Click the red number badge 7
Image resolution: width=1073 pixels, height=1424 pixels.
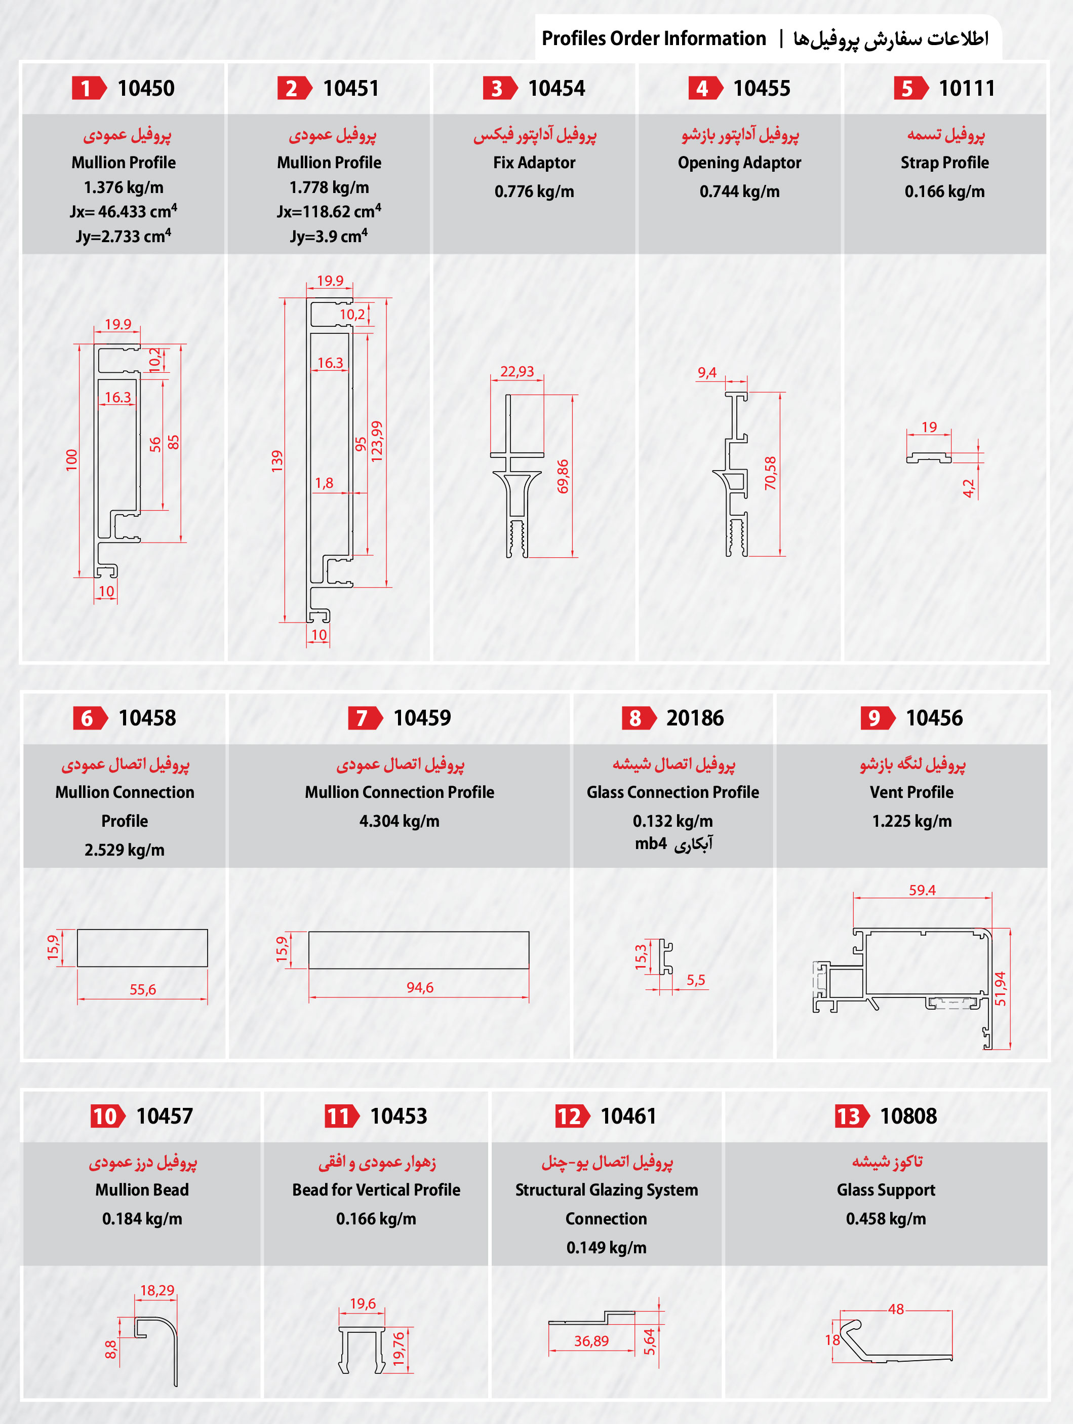point(364,718)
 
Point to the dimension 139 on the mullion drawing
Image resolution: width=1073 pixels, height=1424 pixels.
point(277,461)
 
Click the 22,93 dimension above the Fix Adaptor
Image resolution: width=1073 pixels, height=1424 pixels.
point(517,371)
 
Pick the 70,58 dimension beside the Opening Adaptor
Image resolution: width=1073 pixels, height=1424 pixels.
point(771,473)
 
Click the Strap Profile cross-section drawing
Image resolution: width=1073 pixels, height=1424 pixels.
point(929,457)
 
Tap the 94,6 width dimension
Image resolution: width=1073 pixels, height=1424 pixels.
point(420,987)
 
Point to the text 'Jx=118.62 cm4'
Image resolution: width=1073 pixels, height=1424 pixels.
point(329,211)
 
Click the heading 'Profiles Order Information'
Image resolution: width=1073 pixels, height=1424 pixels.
point(653,39)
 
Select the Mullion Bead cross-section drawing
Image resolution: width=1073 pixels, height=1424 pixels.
point(156,1348)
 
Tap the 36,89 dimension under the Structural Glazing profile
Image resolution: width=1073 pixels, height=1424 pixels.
point(591,1341)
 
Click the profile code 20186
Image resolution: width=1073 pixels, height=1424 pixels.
point(695,718)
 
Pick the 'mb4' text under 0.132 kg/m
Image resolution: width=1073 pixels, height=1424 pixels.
point(651,843)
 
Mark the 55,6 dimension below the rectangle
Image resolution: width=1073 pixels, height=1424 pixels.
point(142,989)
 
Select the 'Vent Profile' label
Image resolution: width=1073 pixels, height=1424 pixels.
point(911,792)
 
